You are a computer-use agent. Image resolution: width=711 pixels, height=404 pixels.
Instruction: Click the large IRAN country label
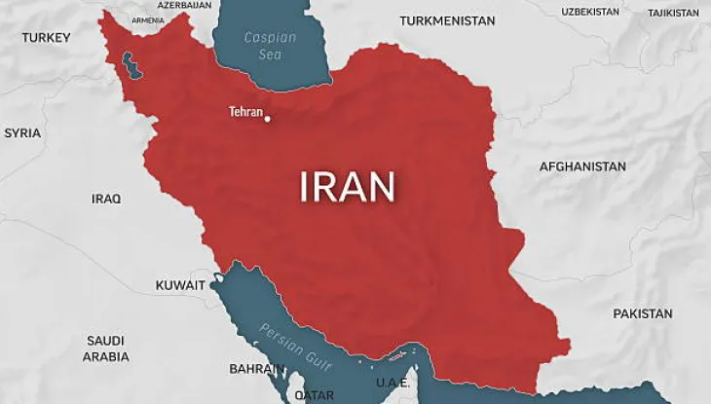tap(347, 187)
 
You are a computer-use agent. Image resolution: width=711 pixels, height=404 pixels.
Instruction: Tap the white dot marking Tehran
tap(268, 120)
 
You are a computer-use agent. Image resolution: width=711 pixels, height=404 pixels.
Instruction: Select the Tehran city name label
tap(245, 112)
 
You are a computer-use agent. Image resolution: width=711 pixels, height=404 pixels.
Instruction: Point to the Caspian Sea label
tap(270, 45)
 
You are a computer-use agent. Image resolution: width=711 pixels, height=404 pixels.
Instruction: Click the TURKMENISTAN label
tap(447, 20)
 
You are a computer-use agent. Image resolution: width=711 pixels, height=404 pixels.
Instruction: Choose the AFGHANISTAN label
tap(582, 166)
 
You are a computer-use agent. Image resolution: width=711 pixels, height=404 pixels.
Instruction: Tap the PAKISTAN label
tap(642, 313)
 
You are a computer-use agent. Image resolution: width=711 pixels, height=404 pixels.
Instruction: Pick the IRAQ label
tap(106, 199)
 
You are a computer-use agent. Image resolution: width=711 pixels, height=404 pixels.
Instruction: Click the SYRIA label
tap(22, 132)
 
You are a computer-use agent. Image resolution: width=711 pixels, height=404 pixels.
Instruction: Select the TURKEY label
tap(47, 37)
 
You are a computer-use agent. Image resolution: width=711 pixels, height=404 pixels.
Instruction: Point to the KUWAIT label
tap(180, 285)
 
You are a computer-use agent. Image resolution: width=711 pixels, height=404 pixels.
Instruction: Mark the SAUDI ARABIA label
tap(105, 349)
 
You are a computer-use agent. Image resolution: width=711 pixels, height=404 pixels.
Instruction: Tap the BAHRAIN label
tap(256, 369)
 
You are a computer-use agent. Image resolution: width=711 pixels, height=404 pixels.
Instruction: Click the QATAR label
tap(314, 395)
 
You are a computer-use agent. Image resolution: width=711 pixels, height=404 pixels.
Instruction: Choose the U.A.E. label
tap(393, 383)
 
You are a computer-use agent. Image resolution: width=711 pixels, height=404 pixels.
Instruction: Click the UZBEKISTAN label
tap(590, 12)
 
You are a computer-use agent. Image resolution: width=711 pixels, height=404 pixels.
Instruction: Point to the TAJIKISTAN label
tap(673, 13)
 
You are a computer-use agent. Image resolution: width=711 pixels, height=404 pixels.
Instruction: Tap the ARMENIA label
tap(148, 19)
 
